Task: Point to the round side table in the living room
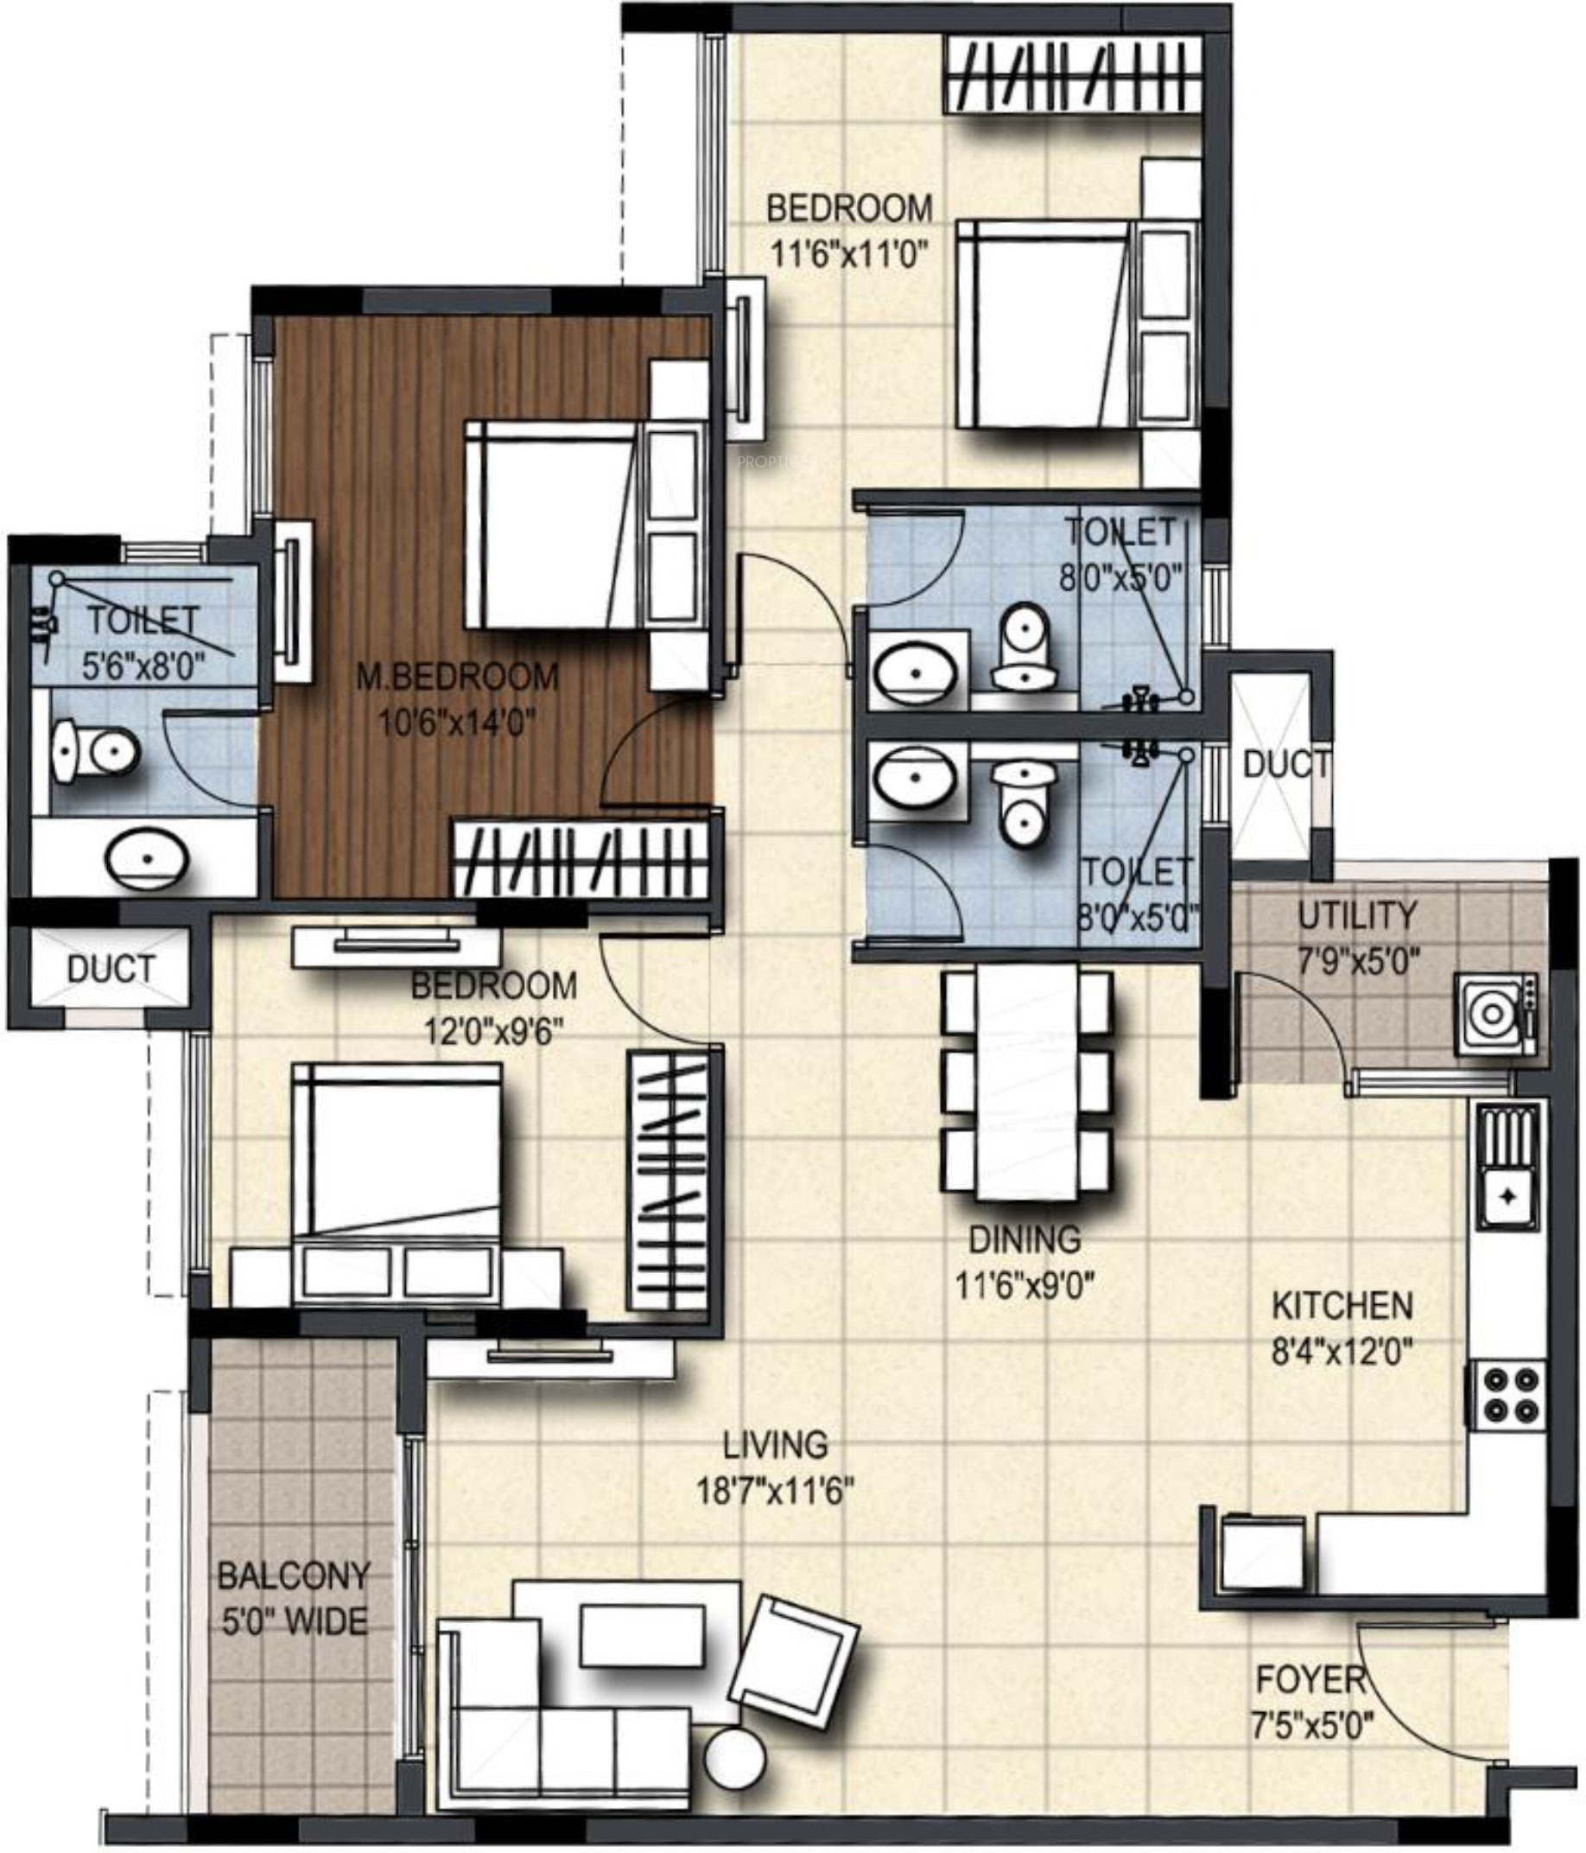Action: (x=735, y=1757)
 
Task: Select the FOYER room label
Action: (x=1310, y=1680)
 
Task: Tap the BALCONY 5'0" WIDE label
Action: (x=293, y=1598)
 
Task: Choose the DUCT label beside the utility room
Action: (x=1285, y=765)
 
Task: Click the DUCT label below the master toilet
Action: (x=111, y=969)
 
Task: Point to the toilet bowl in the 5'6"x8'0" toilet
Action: (x=95, y=749)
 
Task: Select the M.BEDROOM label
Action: (x=457, y=676)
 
